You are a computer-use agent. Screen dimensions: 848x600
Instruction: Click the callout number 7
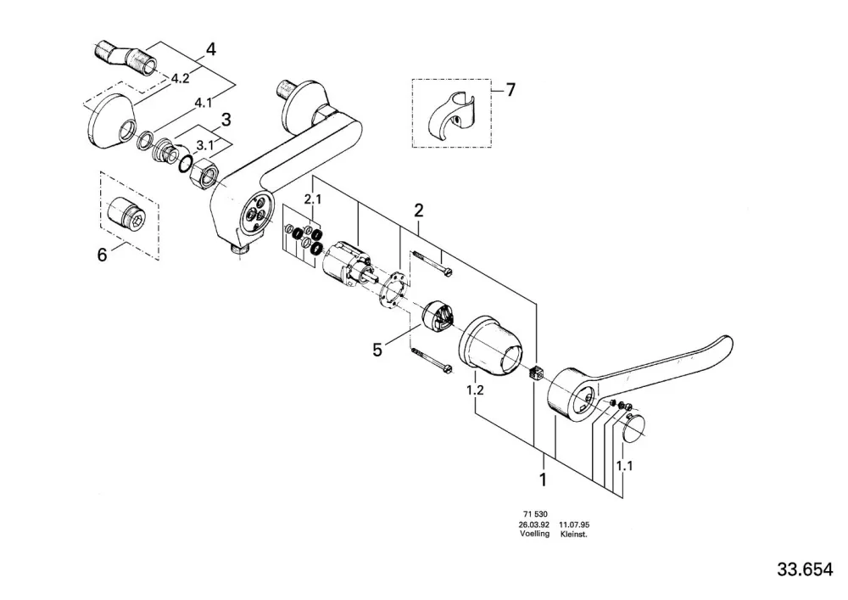click(510, 89)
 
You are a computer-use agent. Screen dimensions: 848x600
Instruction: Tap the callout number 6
click(103, 255)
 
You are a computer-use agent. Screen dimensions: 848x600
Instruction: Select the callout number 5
click(377, 350)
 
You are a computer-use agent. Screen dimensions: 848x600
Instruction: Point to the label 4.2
click(180, 78)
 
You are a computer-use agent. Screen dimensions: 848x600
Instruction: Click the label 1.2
click(475, 390)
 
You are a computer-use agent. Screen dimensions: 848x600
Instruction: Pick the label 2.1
click(313, 199)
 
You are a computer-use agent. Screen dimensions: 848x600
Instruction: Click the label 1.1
click(624, 465)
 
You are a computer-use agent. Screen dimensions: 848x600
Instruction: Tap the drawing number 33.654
click(806, 569)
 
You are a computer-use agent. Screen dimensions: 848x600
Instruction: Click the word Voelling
click(534, 534)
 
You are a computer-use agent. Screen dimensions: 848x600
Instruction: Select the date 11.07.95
click(574, 524)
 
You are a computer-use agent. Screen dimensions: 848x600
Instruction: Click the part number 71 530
click(535, 514)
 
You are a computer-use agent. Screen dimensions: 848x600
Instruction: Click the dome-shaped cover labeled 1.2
click(491, 344)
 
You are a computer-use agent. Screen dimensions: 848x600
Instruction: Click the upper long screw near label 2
click(432, 263)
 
